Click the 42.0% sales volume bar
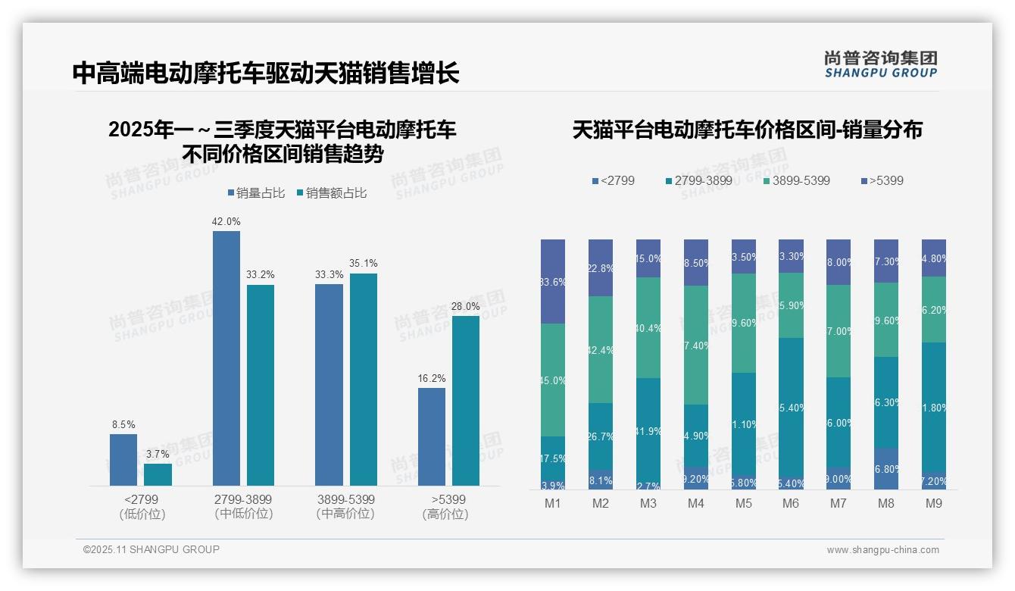point(226,358)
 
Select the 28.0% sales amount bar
point(466,400)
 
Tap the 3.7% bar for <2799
point(158,474)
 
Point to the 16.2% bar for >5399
point(432,436)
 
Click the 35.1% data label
point(363,264)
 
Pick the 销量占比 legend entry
point(256,193)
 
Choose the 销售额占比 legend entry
point(332,193)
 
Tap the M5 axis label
point(743,504)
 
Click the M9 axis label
point(934,504)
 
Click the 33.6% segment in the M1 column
point(553,282)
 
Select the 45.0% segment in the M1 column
point(553,380)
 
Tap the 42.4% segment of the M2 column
point(601,349)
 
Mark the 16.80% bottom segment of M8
point(886,468)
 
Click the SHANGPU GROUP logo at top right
point(880,64)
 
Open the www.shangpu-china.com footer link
point(882,550)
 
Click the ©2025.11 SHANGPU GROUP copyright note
point(151,549)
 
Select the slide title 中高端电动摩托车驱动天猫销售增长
point(266,73)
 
